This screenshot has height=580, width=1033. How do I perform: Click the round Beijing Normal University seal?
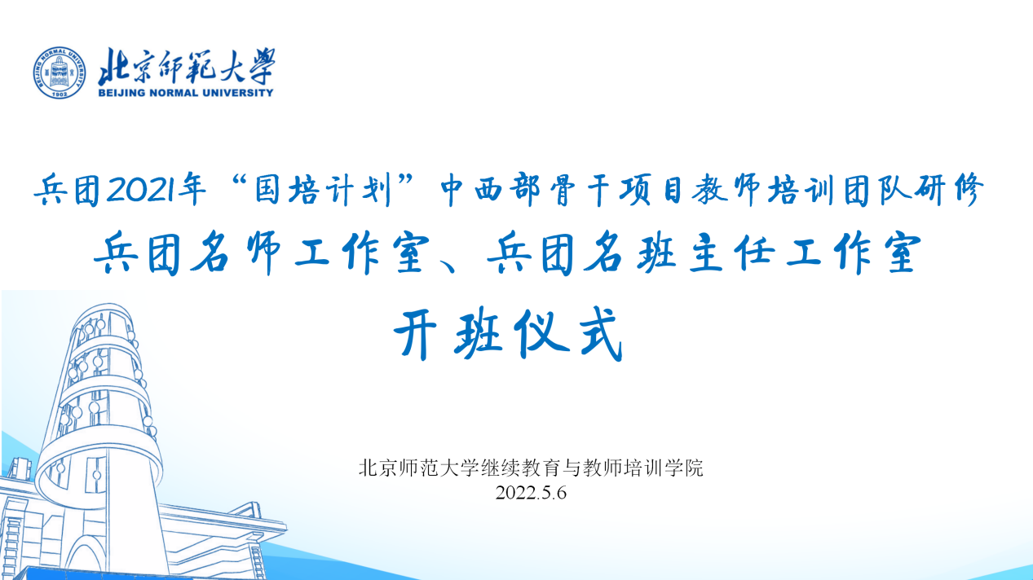[x=60, y=72]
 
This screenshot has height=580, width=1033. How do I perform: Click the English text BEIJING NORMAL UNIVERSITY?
[x=186, y=93]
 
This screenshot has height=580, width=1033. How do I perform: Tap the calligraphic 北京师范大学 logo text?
[x=187, y=66]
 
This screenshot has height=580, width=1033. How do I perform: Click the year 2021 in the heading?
[x=140, y=189]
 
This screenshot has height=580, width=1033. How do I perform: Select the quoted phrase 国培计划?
[x=324, y=189]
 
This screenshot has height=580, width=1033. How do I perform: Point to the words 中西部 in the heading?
[x=489, y=189]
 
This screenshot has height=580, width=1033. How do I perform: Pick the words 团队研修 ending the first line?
[x=913, y=189]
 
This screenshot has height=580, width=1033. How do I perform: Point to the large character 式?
[x=599, y=333]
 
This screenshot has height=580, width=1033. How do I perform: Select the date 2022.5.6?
[x=531, y=493]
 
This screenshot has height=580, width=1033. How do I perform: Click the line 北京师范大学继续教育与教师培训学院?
[x=531, y=468]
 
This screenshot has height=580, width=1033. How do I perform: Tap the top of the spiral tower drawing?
[x=103, y=306]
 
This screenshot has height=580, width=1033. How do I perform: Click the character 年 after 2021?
[x=192, y=189]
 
